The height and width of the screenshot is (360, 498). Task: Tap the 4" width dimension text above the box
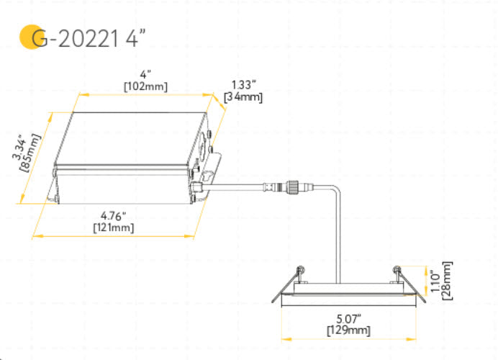145,74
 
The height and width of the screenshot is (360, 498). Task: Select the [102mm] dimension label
145,86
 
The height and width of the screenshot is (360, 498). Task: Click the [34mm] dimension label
243,96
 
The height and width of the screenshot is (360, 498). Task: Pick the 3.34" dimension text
19,146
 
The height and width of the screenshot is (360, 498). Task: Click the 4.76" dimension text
113,215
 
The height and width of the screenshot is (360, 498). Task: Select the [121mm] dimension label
113,227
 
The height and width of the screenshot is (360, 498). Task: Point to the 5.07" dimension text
348,318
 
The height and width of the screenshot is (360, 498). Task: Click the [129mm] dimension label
348,330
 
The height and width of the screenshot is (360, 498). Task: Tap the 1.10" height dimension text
435,282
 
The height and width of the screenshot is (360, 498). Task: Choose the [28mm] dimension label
447,282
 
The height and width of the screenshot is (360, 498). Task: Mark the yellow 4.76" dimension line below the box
113,235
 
